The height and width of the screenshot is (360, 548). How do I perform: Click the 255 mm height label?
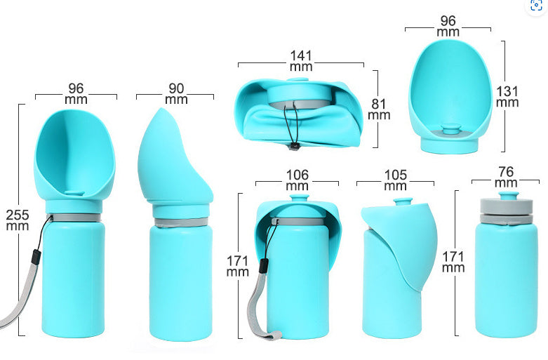18,220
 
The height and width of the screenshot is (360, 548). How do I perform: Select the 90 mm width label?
175,94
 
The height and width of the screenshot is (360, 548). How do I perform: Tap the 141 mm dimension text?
301,60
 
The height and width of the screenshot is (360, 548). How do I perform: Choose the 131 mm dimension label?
507,96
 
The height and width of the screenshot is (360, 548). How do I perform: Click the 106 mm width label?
298,180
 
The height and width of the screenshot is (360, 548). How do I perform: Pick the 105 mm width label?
395,180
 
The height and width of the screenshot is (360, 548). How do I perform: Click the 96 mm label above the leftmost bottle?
76,94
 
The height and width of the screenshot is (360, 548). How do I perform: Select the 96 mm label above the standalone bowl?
448,27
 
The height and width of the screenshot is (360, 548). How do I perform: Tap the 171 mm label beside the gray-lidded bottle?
453,262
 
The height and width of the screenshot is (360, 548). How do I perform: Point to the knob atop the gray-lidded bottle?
507,196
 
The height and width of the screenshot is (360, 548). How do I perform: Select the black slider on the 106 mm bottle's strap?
264,266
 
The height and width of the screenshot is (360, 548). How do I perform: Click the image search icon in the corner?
537,6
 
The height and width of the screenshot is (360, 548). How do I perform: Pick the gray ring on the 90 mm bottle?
181,222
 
